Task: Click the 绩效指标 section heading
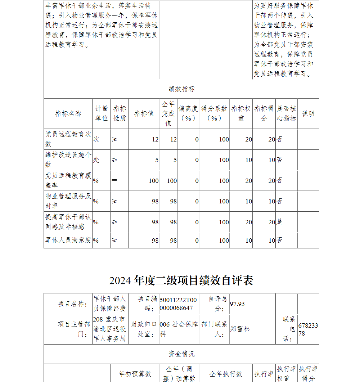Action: [181, 89]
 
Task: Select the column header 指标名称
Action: [68, 113]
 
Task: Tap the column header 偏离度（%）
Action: [188, 113]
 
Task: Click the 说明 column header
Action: [308, 113]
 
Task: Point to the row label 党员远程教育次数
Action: [68, 139]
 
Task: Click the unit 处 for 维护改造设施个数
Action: [96, 160]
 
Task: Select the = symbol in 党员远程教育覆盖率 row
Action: [114, 180]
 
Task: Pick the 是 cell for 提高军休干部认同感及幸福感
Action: [280, 222]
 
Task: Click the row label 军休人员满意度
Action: [68, 240]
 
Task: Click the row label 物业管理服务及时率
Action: [68, 201]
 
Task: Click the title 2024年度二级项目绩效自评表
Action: [181, 280]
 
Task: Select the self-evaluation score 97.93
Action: [238, 304]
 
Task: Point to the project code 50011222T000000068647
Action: [179, 304]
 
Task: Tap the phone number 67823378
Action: [308, 329]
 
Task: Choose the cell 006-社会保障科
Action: [179, 329]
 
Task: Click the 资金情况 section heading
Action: [181, 354]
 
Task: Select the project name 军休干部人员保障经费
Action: [110, 304]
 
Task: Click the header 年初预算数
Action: [135, 374]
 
